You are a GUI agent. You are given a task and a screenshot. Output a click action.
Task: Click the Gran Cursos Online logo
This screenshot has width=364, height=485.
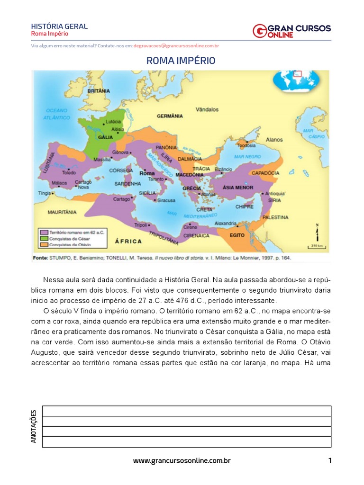(x=291, y=31)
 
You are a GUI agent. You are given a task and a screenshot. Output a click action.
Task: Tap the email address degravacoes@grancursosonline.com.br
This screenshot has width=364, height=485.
(x=176, y=46)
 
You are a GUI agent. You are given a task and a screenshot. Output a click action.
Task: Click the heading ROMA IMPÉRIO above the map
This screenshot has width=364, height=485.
(x=181, y=61)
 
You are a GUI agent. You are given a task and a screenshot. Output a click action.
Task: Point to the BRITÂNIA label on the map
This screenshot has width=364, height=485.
(x=99, y=90)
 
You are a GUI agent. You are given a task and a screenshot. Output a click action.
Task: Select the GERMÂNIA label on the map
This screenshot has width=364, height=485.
(x=169, y=116)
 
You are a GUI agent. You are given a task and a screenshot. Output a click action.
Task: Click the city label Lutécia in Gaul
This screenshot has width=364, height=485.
(x=114, y=122)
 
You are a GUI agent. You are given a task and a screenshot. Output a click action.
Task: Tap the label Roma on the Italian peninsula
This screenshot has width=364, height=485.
(x=147, y=174)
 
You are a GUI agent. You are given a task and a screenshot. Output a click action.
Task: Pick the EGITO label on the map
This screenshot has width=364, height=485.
(x=237, y=235)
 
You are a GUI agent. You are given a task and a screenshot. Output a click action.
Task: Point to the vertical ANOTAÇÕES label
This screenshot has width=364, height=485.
(x=34, y=426)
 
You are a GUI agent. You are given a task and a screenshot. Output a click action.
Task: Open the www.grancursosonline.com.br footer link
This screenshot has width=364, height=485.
(x=182, y=460)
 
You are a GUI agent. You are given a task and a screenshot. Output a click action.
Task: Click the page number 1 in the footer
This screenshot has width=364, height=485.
(x=329, y=460)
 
